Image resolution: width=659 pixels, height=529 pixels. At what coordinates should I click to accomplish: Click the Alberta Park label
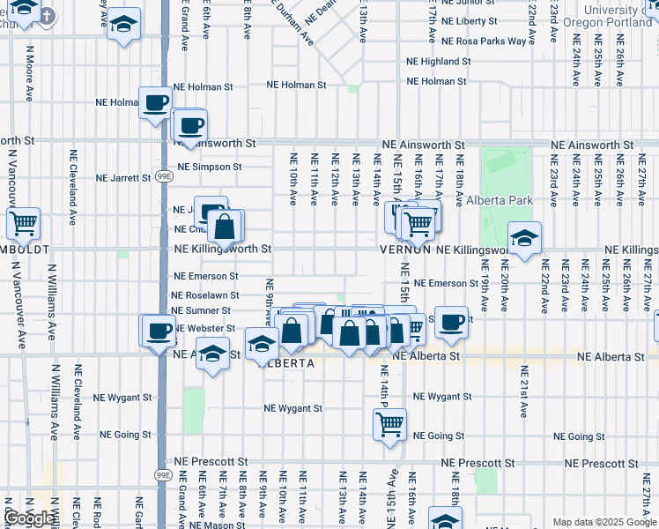500,200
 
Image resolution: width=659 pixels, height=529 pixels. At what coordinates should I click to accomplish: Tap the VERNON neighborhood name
404,250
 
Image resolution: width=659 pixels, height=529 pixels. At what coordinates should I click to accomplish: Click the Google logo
29,518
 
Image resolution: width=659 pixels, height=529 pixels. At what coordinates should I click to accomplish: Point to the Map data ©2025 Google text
604,522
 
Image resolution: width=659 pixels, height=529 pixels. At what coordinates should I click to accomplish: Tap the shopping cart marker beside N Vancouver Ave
23,224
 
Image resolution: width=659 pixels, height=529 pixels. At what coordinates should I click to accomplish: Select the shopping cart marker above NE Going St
389,424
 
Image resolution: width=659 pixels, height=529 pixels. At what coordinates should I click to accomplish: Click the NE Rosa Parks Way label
484,41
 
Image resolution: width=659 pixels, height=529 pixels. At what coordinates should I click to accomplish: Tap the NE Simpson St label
210,167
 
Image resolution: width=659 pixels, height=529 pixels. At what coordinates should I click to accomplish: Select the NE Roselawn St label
204,296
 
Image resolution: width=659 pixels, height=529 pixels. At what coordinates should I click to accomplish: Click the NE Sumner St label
201,311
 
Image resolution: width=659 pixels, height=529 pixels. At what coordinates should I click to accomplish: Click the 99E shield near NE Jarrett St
165,176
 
